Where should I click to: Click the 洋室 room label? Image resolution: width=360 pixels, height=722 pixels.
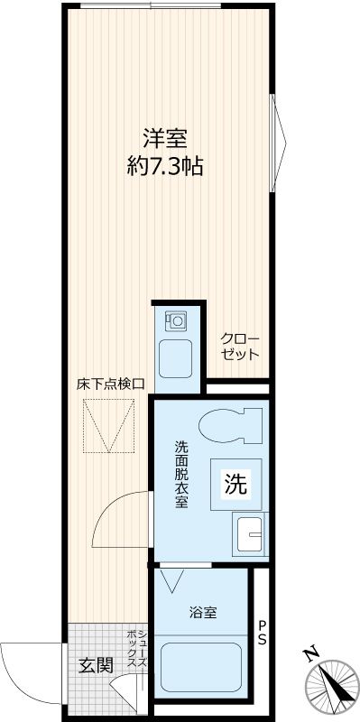coord(164,140)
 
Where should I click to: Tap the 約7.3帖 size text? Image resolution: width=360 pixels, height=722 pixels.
coord(164,166)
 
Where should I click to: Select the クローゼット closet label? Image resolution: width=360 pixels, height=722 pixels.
coord(239,346)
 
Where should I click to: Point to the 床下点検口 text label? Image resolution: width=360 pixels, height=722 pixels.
coord(110,384)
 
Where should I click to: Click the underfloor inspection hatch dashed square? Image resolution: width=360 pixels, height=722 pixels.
coord(109,426)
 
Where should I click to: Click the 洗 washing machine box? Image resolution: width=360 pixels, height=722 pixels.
coord(235,485)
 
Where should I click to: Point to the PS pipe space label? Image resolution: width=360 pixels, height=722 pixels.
coord(262,633)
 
